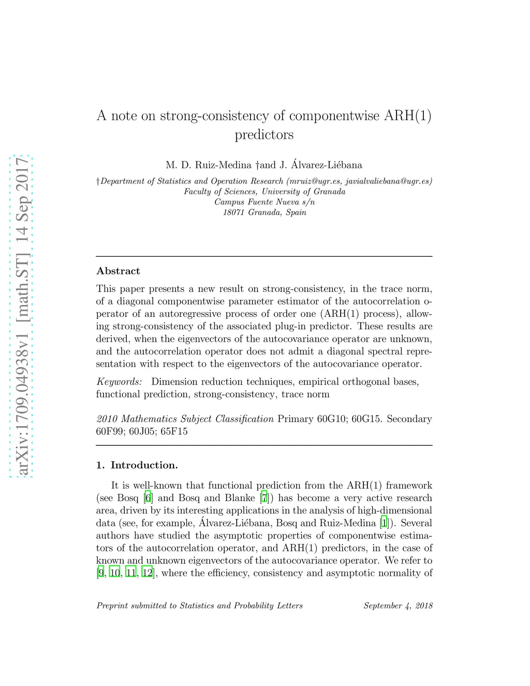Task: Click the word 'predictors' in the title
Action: pos(264,135)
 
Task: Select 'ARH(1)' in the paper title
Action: pos(407,115)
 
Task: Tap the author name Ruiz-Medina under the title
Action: pos(223,165)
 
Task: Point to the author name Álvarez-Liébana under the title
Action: pos(327,165)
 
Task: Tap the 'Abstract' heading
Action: pos(118,271)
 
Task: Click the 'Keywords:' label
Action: pos(119,382)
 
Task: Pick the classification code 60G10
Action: pos(331,419)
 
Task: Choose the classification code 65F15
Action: pos(174,431)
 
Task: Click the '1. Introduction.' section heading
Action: pos(137,465)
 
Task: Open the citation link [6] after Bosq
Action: pos(149,498)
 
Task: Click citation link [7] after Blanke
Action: pos(264,498)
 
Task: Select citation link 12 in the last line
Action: pos(148,573)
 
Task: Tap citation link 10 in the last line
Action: pos(115,573)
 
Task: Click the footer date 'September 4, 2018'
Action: pos(397,606)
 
